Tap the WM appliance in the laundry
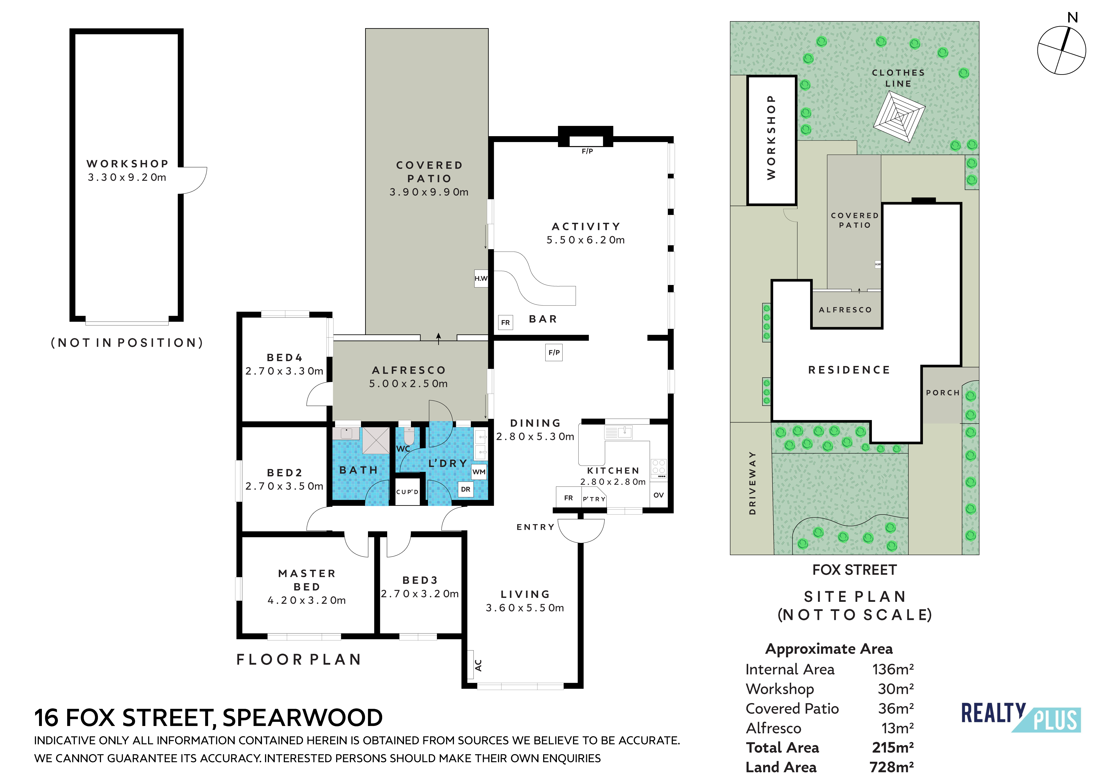pyautogui.click(x=479, y=472)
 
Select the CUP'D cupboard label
pyautogui.click(x=407, y=492)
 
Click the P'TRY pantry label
pyautogui.click(x=594, y=499)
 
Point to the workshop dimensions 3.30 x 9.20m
pyautogui.click(x=127, y=177)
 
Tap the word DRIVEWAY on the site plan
pyautogui.click(x=752, y=483)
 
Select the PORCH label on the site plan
pyautogui.click(x=942, y=392)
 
